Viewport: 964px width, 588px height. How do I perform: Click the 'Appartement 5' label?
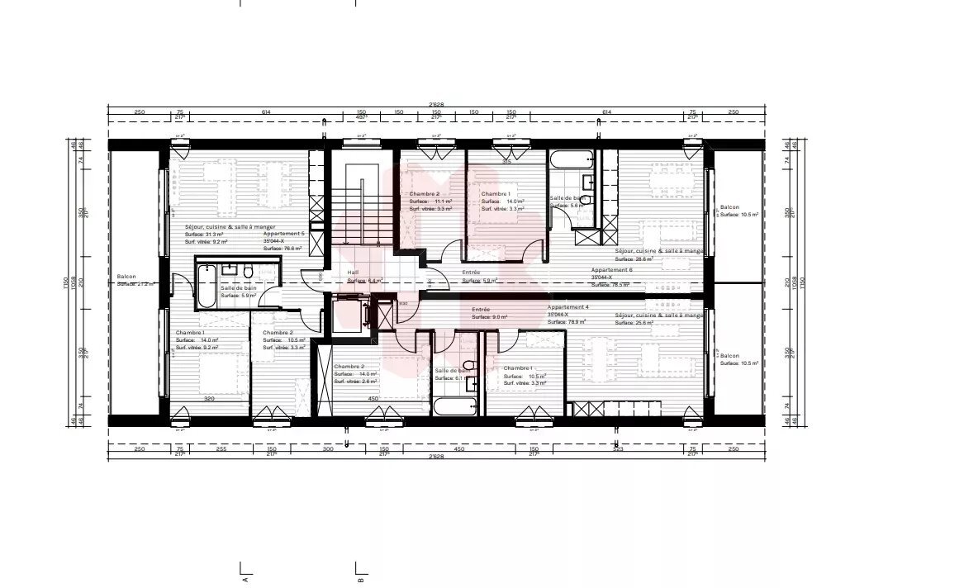(x=283, y=234)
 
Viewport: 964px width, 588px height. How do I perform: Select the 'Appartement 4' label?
(x=567, y=307)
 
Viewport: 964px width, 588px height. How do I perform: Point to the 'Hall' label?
(x=353, y=272)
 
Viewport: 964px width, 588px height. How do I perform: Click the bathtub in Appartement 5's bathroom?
(x=207, y=284)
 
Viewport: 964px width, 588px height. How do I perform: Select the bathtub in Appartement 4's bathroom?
(x=454, y=406)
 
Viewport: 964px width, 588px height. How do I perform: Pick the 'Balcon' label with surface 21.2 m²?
(x=126, y=276)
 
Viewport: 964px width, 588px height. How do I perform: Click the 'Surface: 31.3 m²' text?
(x=204, y=234)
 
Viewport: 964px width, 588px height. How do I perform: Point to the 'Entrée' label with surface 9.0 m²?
(x=481, y=309)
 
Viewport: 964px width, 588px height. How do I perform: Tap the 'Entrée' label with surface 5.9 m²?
(x=471, y=273)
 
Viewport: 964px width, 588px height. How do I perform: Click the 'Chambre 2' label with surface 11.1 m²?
(x=424, y=193)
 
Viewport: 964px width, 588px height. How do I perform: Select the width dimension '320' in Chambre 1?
(x=210, y=398)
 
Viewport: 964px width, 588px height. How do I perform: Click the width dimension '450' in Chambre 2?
(x=373, y=398)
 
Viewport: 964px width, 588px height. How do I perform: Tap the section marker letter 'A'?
(x=245, y=580)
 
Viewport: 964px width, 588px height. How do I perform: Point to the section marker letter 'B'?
(x=361, y=580)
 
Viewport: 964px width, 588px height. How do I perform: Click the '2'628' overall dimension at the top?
(x=436, y=104)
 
